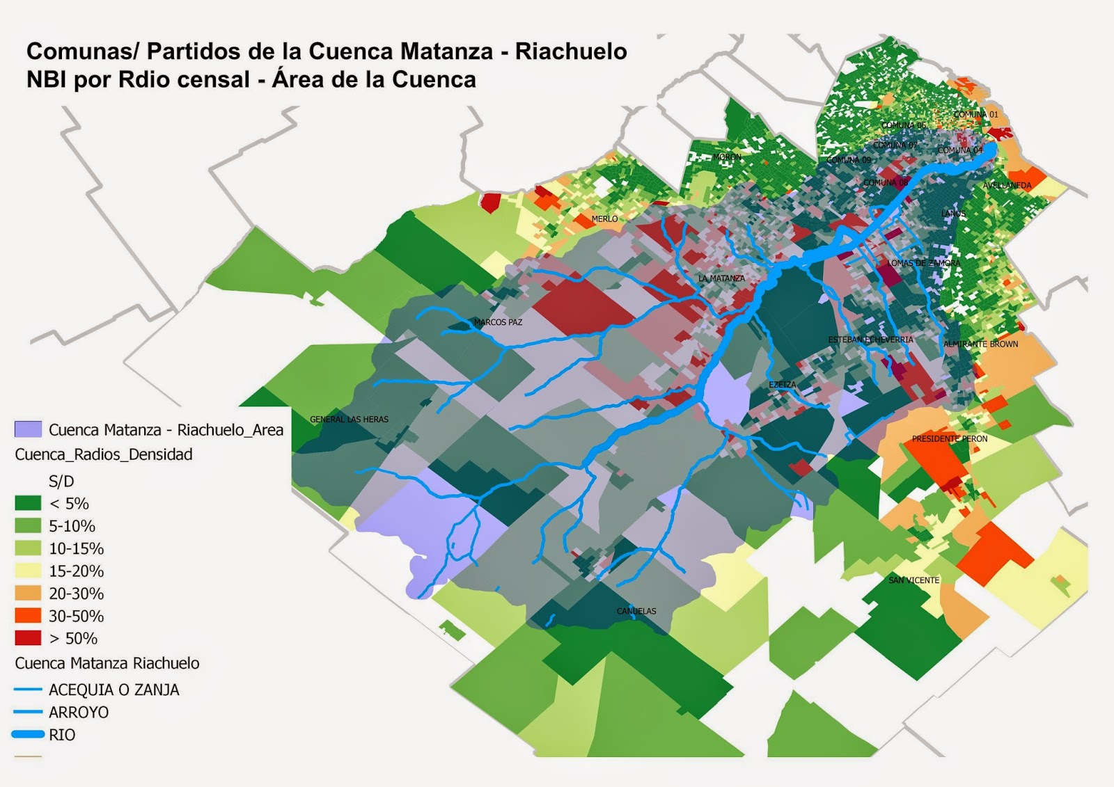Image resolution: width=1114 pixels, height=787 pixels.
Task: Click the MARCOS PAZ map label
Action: point(498,322)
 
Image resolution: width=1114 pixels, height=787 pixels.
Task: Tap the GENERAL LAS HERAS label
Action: point(349,420)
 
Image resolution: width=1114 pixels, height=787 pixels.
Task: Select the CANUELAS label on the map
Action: point(636,611)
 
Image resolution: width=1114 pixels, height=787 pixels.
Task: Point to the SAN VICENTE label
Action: point(913,580)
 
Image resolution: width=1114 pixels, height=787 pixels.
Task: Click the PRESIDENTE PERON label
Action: point(950,439)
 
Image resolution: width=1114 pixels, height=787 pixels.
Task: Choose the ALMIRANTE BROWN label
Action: point(980,344)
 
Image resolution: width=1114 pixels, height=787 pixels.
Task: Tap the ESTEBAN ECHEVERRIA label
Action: point(870,340)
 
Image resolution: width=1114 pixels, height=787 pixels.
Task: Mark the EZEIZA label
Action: point(782,385)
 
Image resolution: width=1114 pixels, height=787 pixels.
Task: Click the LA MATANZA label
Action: point(721,278)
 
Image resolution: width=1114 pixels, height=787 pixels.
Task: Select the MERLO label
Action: point(604,218)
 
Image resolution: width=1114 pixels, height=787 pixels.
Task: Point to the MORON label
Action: point(727,157)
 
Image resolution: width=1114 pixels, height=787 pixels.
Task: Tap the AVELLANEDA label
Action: point(1007,186)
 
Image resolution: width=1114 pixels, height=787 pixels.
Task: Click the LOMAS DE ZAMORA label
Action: point(923,263)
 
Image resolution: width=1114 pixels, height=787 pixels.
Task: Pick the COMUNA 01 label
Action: point(975,114)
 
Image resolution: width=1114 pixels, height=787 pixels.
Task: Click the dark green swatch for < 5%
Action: point(28,503)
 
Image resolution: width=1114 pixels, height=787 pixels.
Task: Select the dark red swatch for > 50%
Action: point(28,638)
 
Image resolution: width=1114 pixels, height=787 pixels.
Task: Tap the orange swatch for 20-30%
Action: point(28,594)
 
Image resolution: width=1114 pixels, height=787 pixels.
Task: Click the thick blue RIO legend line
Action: point(28,734)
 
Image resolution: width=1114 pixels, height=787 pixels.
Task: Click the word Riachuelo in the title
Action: point(571,51)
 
